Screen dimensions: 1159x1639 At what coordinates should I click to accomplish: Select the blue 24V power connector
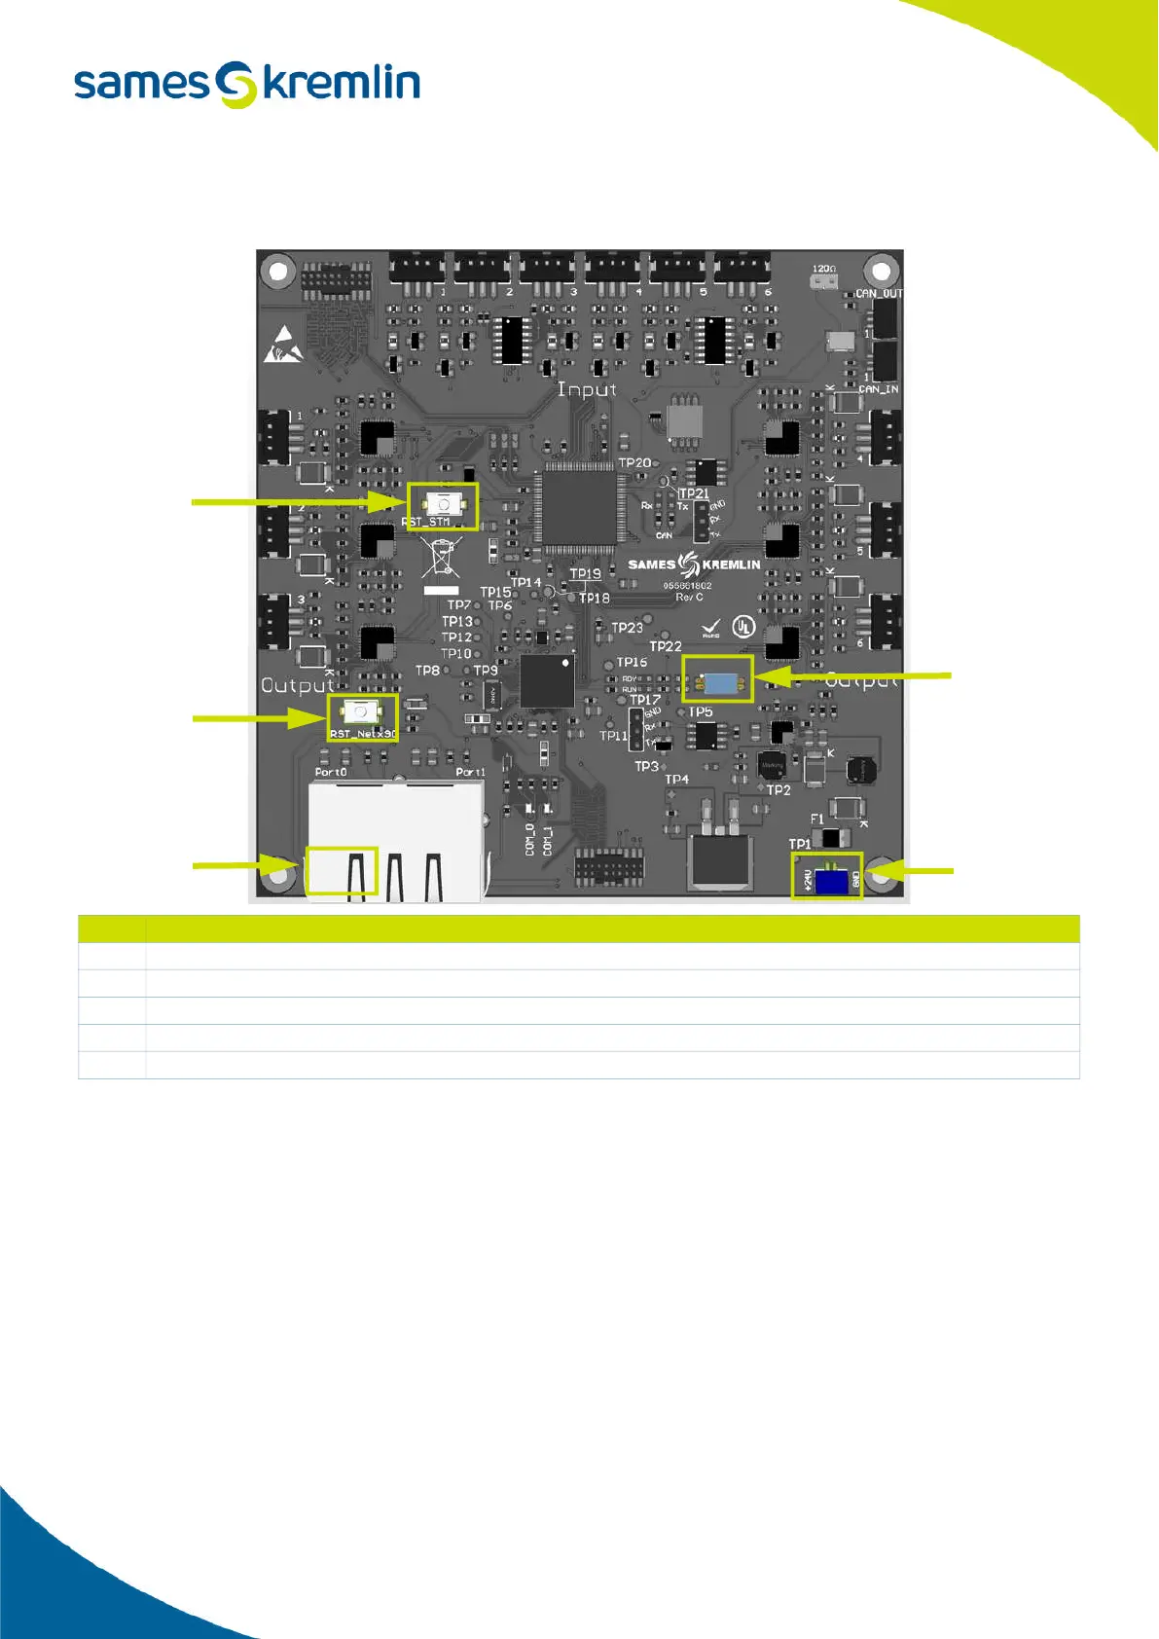click(830, 881)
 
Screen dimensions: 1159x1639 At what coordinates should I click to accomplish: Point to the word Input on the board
click(587, 389)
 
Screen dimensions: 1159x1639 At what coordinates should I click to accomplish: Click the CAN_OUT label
click(878, 293)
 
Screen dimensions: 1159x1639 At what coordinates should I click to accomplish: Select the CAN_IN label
click(878, 389)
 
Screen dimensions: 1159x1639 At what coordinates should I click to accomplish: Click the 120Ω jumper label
click(823, 269)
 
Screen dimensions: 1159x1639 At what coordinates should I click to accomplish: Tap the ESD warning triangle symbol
click(283, 345)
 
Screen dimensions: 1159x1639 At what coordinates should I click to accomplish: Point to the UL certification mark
click(743, 627)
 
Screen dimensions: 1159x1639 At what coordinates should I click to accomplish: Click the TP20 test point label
click(634, 463)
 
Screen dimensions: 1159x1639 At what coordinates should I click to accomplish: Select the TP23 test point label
click(628, 628)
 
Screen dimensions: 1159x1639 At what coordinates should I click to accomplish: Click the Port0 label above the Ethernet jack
click(331, 772)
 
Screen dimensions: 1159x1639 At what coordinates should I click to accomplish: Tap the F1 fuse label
click(816, 819)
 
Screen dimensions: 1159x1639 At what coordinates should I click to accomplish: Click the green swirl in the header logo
click(236, 85)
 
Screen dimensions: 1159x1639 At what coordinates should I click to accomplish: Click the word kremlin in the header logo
click(342, 84)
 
